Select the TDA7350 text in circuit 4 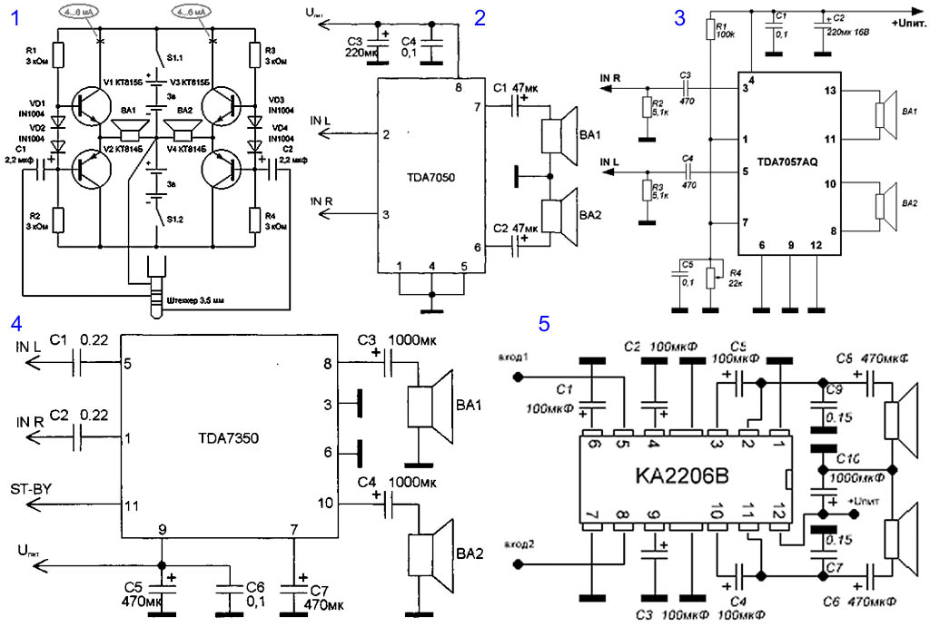tap(228, 436)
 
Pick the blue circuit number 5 tap(544, 323)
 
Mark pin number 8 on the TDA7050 tap(459, 87)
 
